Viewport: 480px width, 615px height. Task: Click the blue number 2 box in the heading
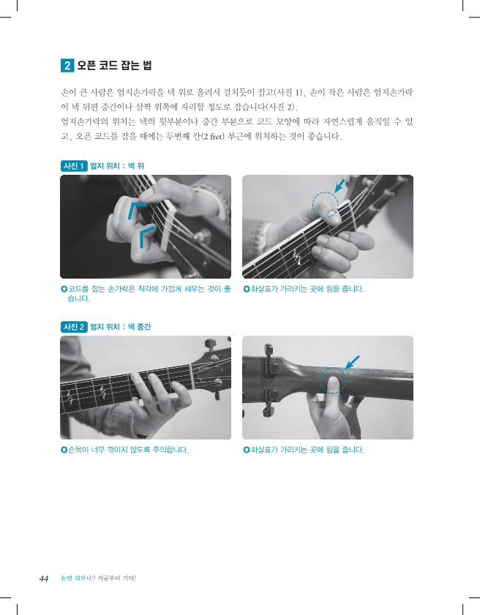(x=67, y=65)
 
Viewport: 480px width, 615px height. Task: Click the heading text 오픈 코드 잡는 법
(x=114, y=65)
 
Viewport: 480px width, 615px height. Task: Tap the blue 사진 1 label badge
(x=74, y=166)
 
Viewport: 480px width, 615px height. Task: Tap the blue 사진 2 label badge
(x=74, y=327)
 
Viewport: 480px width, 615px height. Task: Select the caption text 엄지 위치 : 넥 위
(x=117, y=166)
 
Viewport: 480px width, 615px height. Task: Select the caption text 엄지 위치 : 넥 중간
(x=121, y=327)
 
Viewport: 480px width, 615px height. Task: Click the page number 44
(x=44, y=578)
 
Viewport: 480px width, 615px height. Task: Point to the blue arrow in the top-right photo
(x=340, y=186)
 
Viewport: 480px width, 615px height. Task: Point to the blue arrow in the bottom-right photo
(x=352, y=363)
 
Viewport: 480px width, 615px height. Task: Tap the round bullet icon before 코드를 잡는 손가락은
(x=64, y=289)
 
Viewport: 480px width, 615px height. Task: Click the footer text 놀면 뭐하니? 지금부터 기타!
(x=98, y=578)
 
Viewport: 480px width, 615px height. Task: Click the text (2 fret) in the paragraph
(x=212, y=137)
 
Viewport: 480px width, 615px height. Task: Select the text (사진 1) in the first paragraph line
(x=288, y=93)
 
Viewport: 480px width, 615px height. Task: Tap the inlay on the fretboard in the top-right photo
(x=298, y=257)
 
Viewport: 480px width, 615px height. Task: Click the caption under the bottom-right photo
(x=304, y=450)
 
